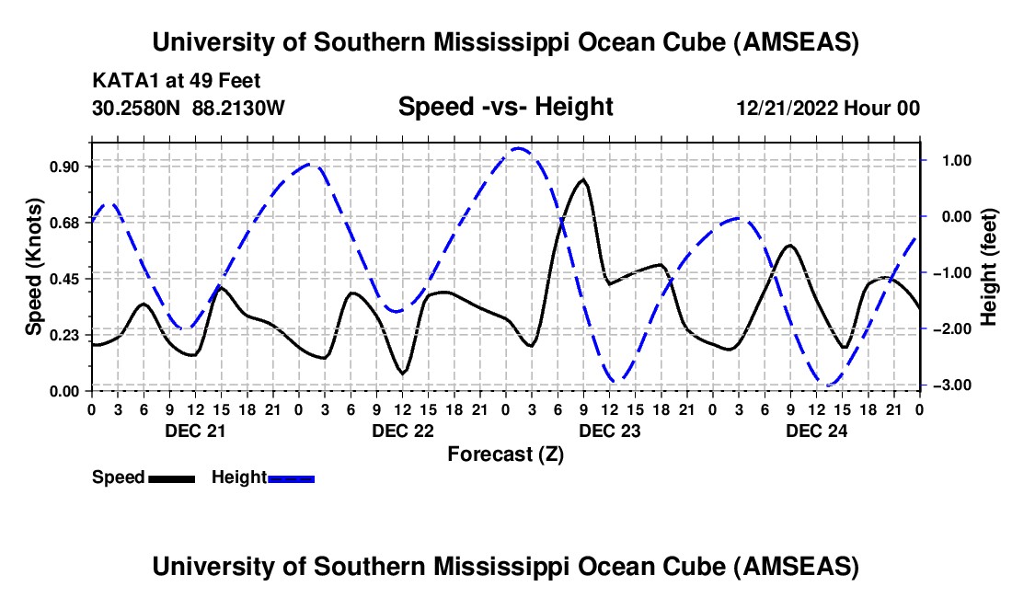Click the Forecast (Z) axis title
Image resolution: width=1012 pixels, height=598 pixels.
(505, 454)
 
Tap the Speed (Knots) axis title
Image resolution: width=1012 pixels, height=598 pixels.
(33, 267)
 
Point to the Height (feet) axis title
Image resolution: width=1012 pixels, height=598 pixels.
(990, 267)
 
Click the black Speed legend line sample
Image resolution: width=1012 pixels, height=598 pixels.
(171, 478)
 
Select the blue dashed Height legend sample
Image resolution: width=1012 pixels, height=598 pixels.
(292, 478)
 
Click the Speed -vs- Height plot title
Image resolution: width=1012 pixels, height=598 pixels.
(505, 108)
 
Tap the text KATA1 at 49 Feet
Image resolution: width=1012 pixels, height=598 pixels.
(178, 80)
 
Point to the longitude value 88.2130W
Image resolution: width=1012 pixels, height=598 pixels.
(238, 108)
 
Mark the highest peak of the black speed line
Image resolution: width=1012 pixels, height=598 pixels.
(582, 179)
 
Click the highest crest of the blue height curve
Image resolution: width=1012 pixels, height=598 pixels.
(518, 147)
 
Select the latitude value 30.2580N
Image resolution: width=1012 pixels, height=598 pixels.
(138, 108)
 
